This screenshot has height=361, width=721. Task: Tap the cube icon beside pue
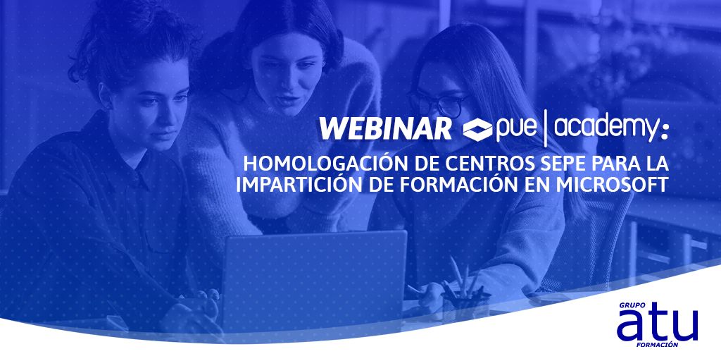478,129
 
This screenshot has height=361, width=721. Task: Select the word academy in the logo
606,128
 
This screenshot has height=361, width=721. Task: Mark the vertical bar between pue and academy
548,128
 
